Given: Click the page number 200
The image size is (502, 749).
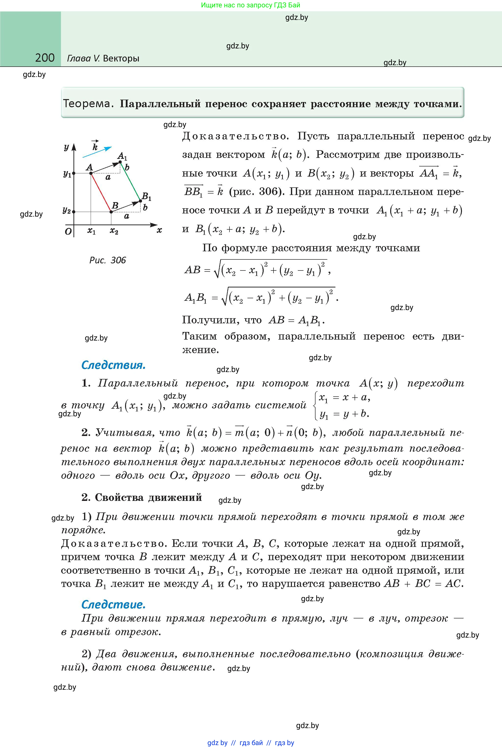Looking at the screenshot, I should coord(45,58).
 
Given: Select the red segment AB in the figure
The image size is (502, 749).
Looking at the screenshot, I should coord(101,192).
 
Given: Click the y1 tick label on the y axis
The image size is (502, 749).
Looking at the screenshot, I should coord(67,174).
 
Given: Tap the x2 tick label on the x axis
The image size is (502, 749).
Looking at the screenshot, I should coord(114,231).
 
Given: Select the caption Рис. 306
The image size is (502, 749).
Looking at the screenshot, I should coord(108,260).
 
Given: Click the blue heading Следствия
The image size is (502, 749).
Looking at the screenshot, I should coord(113,365).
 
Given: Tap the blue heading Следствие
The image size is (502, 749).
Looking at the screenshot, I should coord(113,604).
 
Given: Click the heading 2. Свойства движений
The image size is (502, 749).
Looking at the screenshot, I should coord(142,497).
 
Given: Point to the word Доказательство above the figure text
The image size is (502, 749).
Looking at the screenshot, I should coord(235,136).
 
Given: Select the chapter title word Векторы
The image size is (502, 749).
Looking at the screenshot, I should coord(121,58).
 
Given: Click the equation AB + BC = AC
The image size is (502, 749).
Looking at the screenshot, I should coord(423,584).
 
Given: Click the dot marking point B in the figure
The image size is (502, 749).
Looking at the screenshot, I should coord(111,212).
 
